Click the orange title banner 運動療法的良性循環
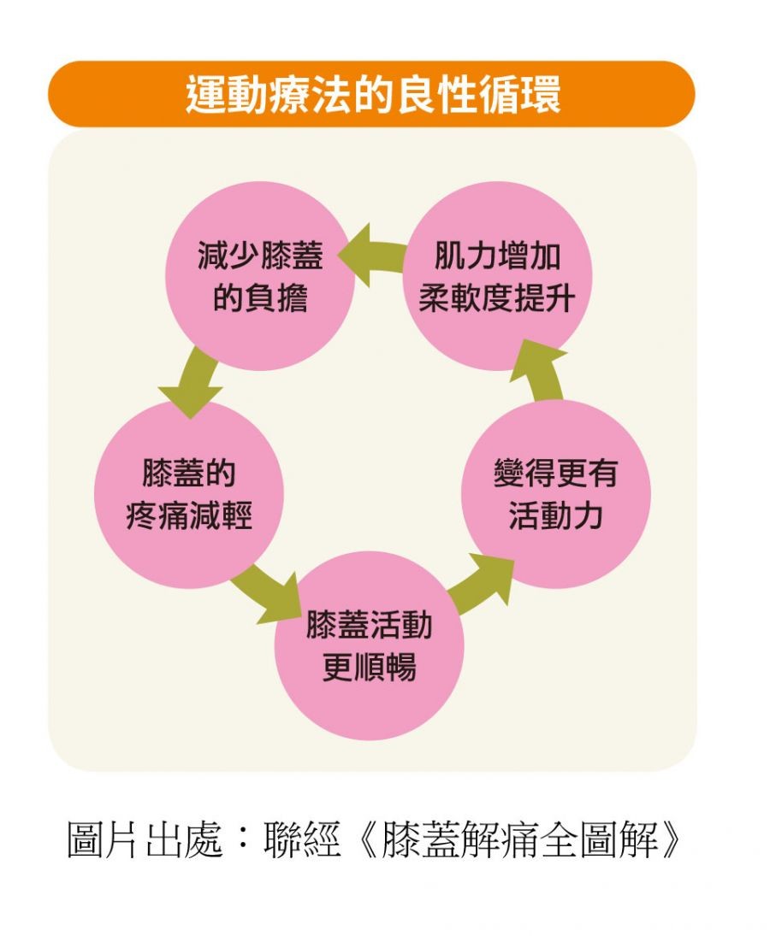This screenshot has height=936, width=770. (x=371, y=94)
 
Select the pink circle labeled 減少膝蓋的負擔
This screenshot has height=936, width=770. (x=259, y=276)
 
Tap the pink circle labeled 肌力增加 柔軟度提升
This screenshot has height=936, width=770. (x=497, y=276)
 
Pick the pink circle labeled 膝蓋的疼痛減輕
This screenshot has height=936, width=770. (x=188, y=494)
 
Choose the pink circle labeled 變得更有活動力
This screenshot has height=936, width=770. (x=556, y=494)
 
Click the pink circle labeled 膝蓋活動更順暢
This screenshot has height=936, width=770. (x=370, y=645)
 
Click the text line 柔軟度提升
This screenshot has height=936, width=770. (x=497, y=298)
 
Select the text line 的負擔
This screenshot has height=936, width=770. (x=259, y=298)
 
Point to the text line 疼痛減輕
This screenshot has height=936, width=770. (x=189, y=516)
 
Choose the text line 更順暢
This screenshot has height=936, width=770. (x=370, y=668)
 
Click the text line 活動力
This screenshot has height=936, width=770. (x=556, y=516)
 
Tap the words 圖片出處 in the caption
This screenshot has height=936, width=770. (x=145, y=840)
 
